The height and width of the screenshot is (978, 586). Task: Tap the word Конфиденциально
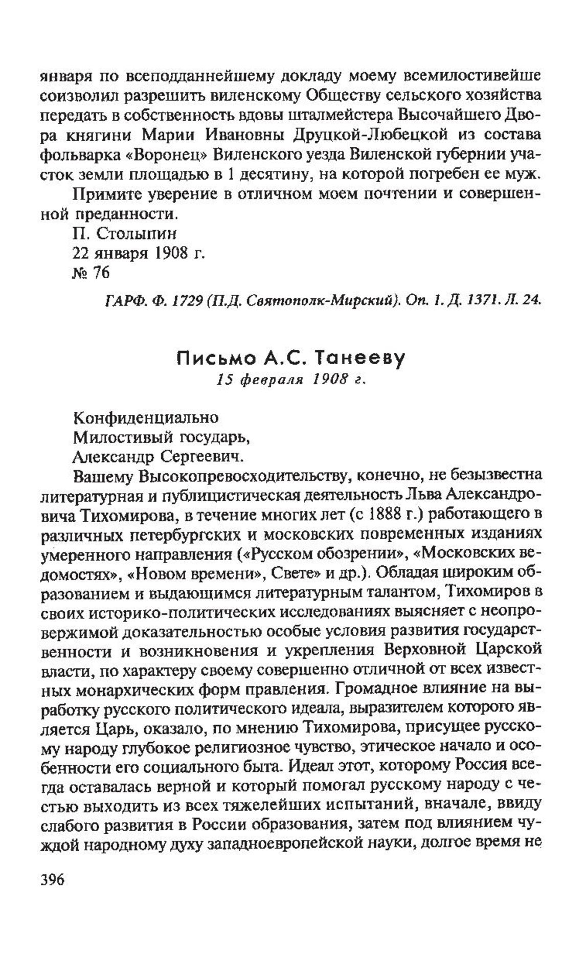coord(146,418)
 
